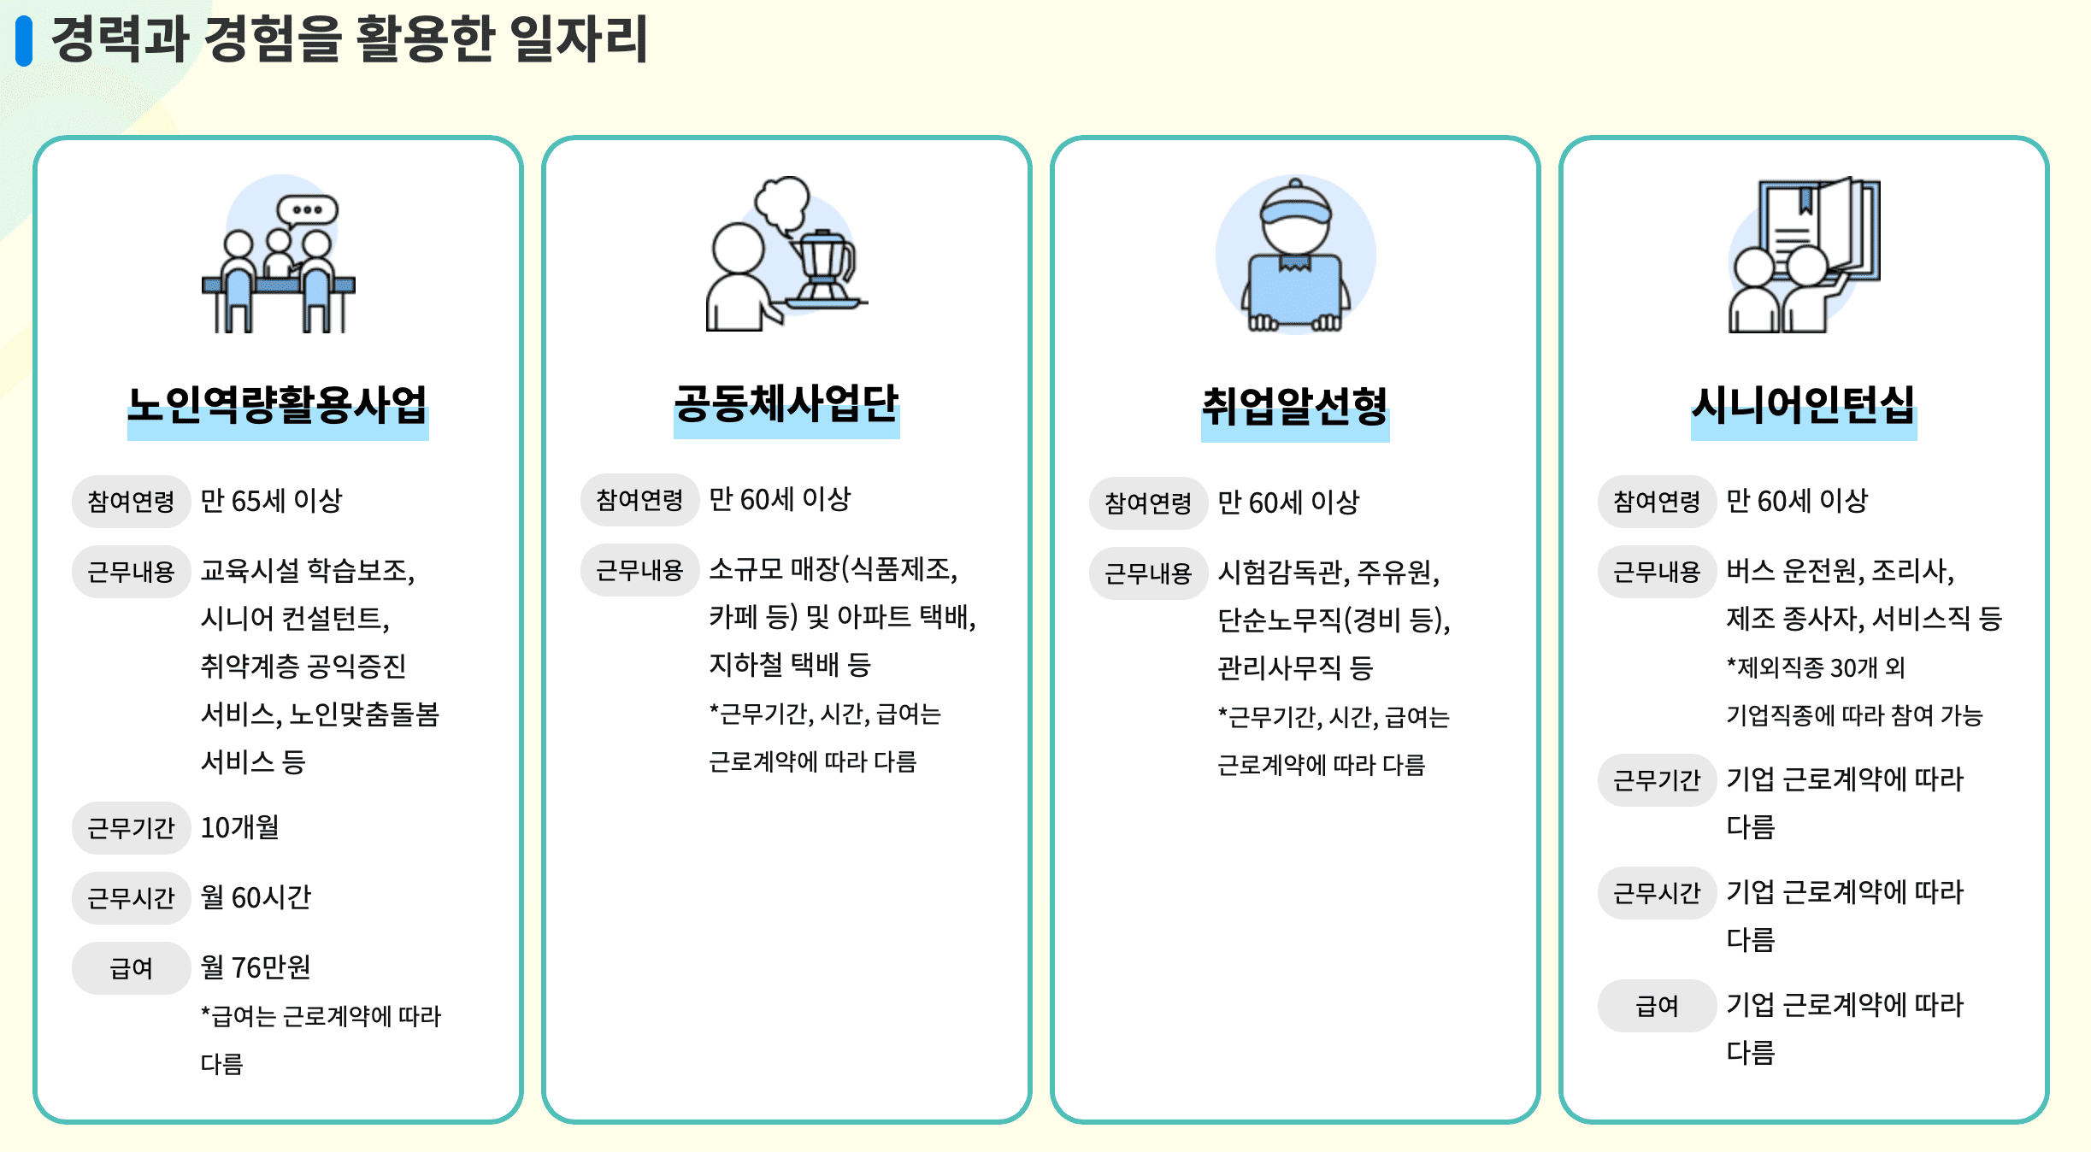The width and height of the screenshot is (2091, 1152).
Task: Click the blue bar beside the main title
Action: tap(24, 42)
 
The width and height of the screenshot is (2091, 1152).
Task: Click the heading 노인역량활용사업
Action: tap(278, 406)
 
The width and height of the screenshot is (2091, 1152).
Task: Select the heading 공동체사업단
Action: tap(786, 404)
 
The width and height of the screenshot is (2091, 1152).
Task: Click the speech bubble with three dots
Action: tap(307, 209)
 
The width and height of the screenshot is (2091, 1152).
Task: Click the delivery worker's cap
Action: tap(1296, 205)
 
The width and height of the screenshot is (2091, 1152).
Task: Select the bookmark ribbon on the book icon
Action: tap(1805, 202)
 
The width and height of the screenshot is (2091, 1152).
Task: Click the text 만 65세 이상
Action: tap(271, 501)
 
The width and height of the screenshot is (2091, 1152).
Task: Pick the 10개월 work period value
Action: tap(239, 827)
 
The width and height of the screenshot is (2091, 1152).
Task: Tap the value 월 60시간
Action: tap(256, 897)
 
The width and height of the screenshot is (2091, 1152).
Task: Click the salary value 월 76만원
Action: tap(256, 967)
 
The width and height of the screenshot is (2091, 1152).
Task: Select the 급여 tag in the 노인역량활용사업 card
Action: tap(131, 968)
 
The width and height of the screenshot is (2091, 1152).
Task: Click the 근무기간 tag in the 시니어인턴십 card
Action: tap(1656, 780)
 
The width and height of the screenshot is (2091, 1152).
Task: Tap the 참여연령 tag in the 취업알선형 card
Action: tap(1147, 503)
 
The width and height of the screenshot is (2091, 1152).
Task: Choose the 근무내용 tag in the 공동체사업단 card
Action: tap(639, 570)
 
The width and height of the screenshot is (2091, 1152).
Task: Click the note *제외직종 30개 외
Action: tap(1816, 667)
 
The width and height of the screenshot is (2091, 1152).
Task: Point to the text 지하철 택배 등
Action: tap(789, 665)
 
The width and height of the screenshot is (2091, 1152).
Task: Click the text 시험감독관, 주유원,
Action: tap(1328, 572)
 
